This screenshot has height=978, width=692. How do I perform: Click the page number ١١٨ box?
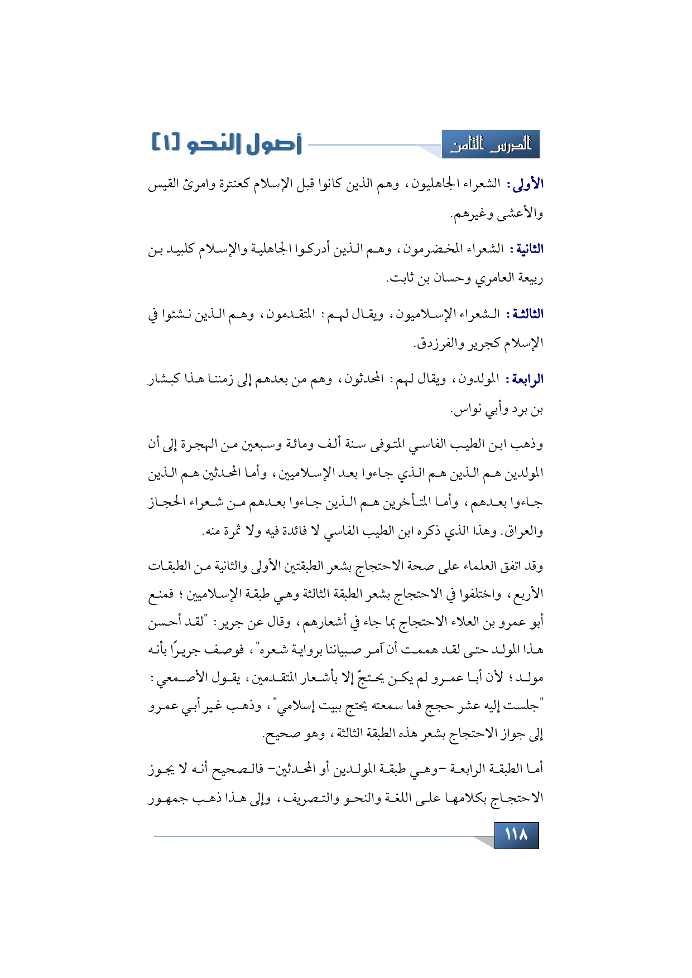tap(516, 835)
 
